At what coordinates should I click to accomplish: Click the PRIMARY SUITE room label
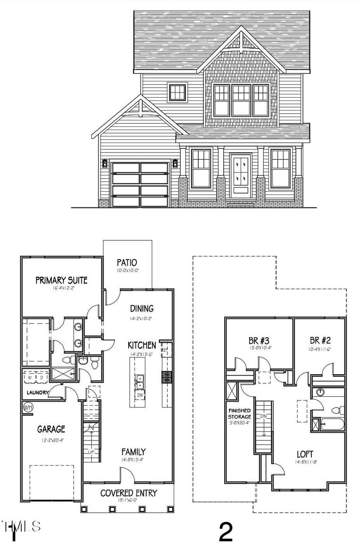click(x=61, y=280)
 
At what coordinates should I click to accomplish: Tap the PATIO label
click(x=127, y=262)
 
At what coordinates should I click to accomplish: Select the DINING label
click(x=142, y=309)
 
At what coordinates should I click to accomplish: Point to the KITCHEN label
click(x=142, y=345)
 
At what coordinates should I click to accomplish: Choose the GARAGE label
click(x=51, y=429)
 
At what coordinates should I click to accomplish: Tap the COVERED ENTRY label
click(x=129, y=493)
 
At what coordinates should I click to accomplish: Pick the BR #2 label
click(x=320, y=340)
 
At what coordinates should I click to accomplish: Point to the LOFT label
click(x=305, y=454)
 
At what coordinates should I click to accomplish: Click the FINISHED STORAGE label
click(x=239, y=414)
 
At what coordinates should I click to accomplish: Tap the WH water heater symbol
click(x=28, y=408)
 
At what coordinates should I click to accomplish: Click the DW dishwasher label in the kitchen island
click(x=139, y=395)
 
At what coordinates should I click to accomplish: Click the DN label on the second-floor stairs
click(x=264, y=416)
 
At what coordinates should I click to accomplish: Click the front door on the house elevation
click(x=241, y=175)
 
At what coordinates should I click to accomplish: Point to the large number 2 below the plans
click(x=225, y=532)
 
